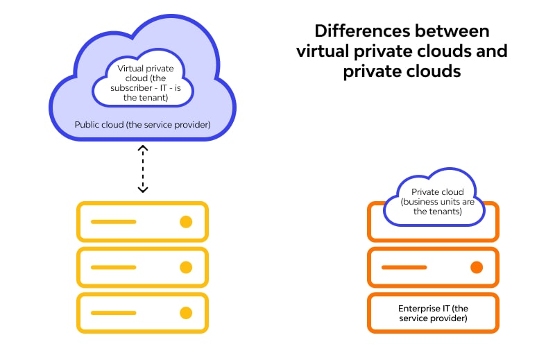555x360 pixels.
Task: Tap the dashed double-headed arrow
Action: (142, 169)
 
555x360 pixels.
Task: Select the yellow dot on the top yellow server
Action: (185, 222)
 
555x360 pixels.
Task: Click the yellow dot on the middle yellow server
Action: (185, 267)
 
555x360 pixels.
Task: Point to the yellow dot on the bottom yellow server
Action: (185, 312)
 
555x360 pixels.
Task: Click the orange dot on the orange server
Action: (476, 267)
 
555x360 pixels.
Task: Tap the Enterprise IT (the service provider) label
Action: (433, 313)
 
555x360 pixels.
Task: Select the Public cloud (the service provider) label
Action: (142, 125)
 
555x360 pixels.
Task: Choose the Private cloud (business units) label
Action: (433, 202)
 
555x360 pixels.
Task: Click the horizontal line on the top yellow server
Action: (113, 222)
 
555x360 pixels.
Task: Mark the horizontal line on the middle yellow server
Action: (113, 267)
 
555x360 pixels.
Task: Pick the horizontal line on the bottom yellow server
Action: (113, 312)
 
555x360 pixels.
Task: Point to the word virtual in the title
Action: (323, 51)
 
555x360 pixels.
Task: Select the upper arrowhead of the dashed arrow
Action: (142, 148)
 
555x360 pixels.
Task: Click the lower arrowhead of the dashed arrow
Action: (142, 189)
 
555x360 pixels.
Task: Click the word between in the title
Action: (453, 31)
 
